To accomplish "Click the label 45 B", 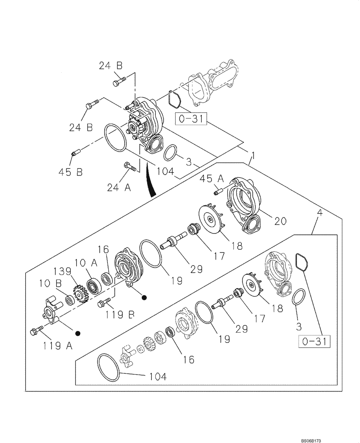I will [x=70, y=172].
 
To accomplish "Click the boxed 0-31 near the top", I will [x=191, y=119].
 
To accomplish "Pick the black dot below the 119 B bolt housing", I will [x=143, y=298].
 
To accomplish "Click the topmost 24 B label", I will [x=110, y=66].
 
